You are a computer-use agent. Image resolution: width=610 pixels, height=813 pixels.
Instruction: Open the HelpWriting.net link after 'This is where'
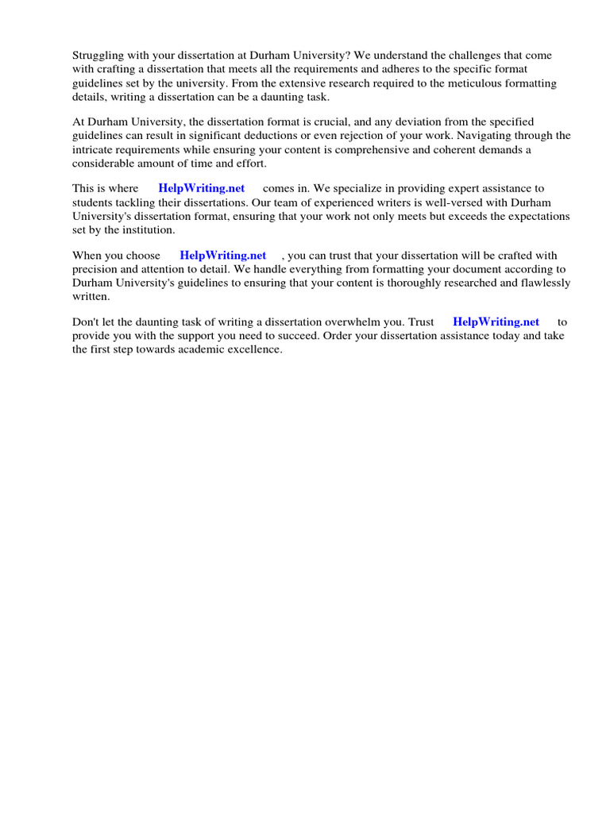pos(202,189)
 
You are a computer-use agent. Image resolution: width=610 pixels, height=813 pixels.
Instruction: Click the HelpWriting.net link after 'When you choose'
pos(223,256)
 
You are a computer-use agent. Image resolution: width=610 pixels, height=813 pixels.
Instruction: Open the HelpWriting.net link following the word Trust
pos(496,322)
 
